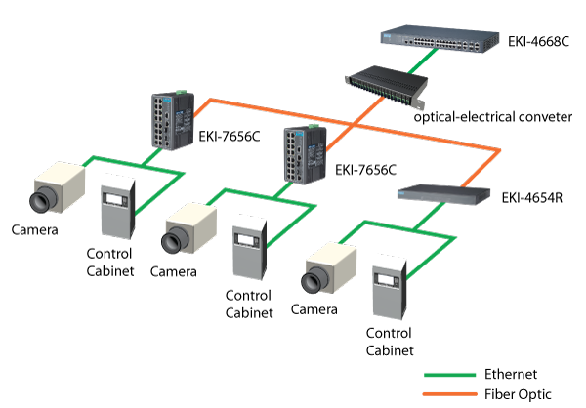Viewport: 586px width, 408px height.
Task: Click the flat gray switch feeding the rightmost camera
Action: (443, 194)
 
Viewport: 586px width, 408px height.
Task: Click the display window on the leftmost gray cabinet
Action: (119, 199)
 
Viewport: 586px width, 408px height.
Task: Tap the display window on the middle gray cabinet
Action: (250, 238)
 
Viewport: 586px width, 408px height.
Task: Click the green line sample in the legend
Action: (450, 375)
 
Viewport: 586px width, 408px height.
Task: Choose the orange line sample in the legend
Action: (450, 394)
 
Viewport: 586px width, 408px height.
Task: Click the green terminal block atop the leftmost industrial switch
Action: (164, 93)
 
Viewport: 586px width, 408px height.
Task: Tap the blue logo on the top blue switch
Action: (390, 36)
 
